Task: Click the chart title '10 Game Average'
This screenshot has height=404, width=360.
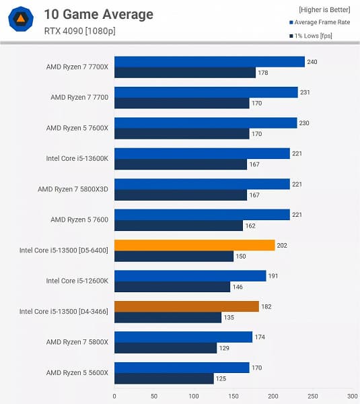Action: tap(98, 14)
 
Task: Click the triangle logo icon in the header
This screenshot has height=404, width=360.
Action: tap(22, 20)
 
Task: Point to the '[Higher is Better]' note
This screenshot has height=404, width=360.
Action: tap(320, 10)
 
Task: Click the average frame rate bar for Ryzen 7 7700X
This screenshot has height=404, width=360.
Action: tap(209, 62)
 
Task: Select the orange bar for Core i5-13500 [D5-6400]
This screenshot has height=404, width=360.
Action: tap(194, 245)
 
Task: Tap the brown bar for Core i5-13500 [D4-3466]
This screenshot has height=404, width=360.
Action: tap(186, 306)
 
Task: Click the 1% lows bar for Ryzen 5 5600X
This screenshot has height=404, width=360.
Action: tap(164, 378)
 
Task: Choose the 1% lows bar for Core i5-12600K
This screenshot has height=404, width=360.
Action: tap(172, 287)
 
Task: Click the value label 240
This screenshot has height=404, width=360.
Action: tap(313, 62)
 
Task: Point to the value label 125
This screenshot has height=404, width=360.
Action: tap(221, 378)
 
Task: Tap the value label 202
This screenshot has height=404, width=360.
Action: tap(283, 245)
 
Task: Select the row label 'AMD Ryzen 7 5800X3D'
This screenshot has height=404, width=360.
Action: tap(73, 189)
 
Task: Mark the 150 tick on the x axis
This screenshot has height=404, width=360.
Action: tap(233, 396)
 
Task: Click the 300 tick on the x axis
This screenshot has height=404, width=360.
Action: tap(352, 396)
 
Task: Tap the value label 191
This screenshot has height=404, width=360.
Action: tap(274, 276)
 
